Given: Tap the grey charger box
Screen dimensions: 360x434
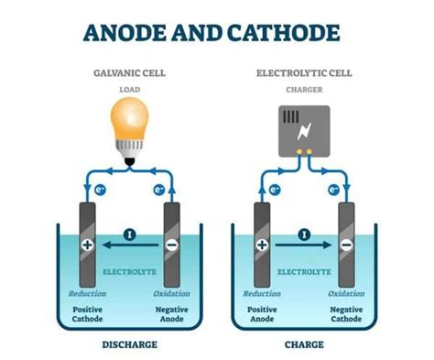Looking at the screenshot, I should (x=303, y=126).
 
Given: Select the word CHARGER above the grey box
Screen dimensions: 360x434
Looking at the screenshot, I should (x=303, y=89).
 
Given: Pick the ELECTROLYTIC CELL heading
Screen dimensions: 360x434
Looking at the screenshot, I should (x=303, y=71).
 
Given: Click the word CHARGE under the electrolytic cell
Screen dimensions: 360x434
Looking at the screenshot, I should (x=303, y=345).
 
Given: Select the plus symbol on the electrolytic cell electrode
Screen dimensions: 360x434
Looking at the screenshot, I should (x=262, y=245).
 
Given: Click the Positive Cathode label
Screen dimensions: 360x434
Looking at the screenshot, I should (x=88, y=315).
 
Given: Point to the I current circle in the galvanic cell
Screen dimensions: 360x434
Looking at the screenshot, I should (x=130, y=235).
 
